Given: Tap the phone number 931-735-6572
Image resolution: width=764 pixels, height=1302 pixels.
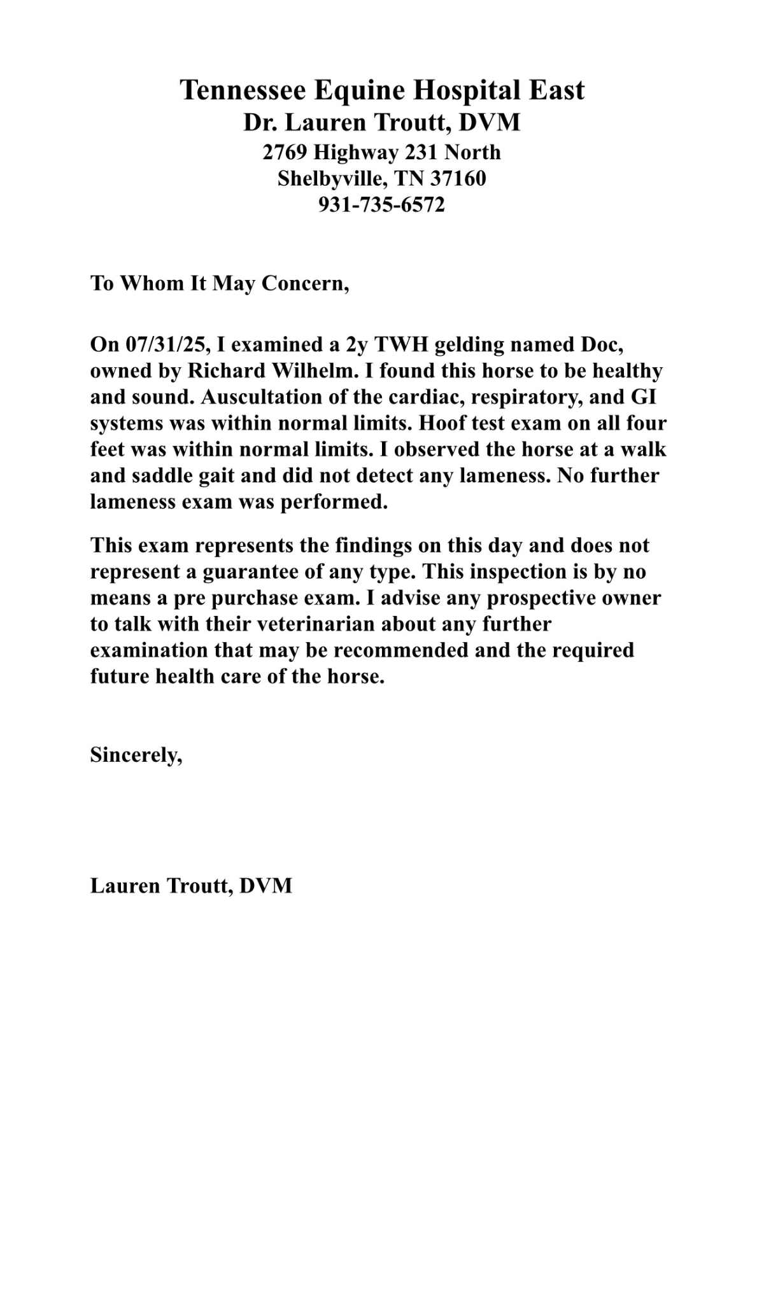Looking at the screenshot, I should pos(381,205).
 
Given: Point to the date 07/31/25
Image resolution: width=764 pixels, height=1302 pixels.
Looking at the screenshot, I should pos(167,344).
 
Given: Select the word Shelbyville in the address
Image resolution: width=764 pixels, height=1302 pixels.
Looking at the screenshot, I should pos(332,178).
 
